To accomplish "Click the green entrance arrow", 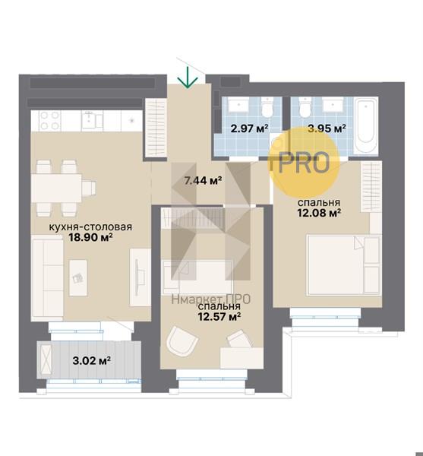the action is (188, 78).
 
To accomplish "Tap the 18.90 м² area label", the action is (90, 238).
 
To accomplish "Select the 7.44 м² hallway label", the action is (204, 181).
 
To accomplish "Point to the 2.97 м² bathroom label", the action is (249, 128).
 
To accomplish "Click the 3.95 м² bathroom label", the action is (327, 128).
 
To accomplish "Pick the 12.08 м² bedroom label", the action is (319, 213).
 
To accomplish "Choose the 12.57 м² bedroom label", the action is (219, 316).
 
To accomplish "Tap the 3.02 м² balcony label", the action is (92, 361).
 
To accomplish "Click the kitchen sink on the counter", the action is (92, 120).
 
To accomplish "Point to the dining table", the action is (56, 188).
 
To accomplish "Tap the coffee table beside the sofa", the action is (78, 277).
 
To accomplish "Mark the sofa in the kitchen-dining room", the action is (47, 278).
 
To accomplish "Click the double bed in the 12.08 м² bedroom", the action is (344, 265).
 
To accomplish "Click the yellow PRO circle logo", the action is (305, 163).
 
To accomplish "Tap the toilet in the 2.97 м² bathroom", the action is (267, 108).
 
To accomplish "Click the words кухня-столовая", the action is (90, 226).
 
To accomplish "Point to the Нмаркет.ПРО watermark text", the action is (211, 299).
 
